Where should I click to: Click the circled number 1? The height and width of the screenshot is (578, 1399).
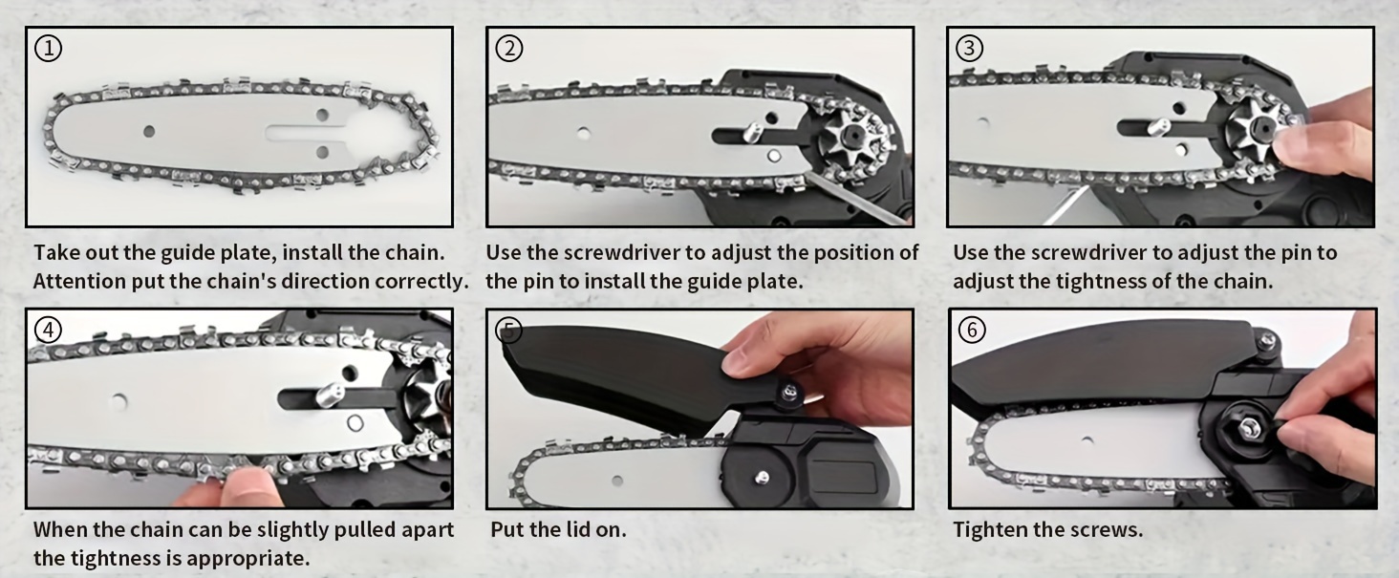pyautogui.click(x=48, y=49)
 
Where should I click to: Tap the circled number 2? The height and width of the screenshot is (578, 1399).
pyautogui.click(x=509, y=49)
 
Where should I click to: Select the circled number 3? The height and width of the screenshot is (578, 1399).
pyautogui.click(x=969, y=49)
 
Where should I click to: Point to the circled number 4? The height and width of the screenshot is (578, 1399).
pyautogui.click(x=48, y=330)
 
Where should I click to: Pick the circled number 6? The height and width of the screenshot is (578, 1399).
pyautogui.click(x=972, y=330)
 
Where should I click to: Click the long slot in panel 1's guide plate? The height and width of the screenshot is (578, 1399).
pyautogui.click(x=306, y=133)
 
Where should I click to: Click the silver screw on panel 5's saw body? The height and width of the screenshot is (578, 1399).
pyautogui.click(x=761, y=478)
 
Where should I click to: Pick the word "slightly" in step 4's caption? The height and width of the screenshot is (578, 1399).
pyautogui.click(x=288, y=530)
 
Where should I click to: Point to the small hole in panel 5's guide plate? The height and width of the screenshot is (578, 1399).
pyautogui.click(x=617, y=480)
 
